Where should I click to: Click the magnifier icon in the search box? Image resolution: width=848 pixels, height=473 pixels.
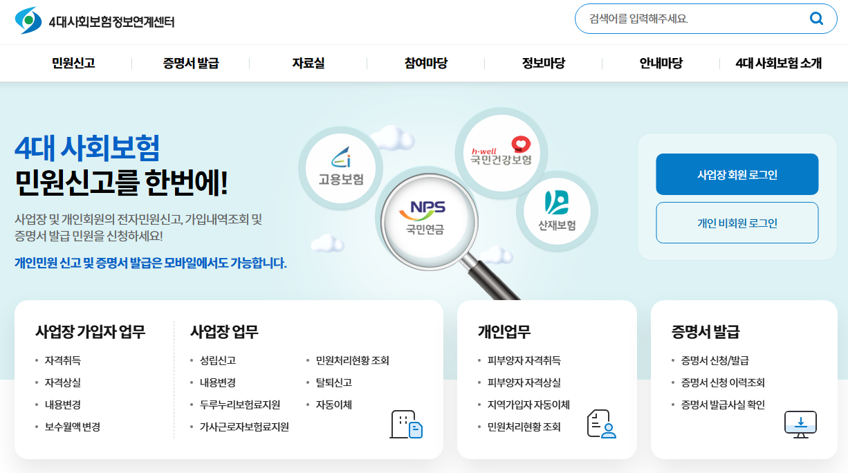point(816,19)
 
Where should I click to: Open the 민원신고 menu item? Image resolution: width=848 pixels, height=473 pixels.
point(73,64)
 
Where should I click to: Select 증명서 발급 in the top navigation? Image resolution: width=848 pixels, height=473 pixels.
point(191,64)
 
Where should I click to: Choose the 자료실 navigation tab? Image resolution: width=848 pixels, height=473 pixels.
point(308,64)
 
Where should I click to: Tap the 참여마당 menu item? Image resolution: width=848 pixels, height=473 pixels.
point(426,64)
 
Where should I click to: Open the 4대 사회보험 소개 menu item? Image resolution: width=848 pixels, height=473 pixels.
point(779,64)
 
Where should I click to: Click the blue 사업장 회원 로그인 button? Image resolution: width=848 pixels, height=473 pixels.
point(737,174)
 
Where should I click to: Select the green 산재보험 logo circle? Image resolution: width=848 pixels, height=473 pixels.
point(557,211)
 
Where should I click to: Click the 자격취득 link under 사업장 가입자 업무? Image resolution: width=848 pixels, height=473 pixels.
point(63,360)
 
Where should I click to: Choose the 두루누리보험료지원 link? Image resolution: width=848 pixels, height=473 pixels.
point(239,405)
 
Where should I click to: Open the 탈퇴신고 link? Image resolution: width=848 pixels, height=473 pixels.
point(334,382)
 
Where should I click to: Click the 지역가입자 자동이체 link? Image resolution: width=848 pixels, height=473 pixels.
point(528,405)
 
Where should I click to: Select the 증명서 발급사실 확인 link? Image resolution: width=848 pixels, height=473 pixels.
point(723,405)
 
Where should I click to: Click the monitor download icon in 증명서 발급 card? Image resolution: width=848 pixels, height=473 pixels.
point(800,424)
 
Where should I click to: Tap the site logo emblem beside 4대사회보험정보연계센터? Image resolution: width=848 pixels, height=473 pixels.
point(28,21)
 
